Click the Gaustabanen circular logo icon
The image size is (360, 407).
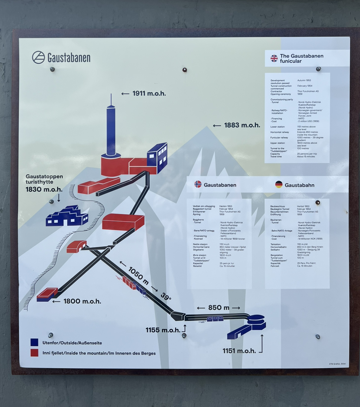tap(38, 57)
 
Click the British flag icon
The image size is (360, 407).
tap(274, 58)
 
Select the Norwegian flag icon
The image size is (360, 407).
tap(198, 184)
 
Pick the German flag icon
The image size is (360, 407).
tap(279, 184)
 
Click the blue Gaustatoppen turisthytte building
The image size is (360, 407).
tap(67, 216)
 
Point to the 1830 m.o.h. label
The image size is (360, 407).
tap(44, 189)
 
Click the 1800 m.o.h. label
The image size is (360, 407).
tap(82, 301)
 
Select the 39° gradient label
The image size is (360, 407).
tap(166, 297)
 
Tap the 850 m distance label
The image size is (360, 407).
tap(218, 308)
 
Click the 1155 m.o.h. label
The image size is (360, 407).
tap(163, 330)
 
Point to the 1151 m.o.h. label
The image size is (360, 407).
tap(239, 351)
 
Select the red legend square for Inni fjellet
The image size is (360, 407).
tap(34, 353)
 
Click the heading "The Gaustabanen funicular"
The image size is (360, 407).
tap(301, 59)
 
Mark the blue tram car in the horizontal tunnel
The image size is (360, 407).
tap(215, 318)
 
